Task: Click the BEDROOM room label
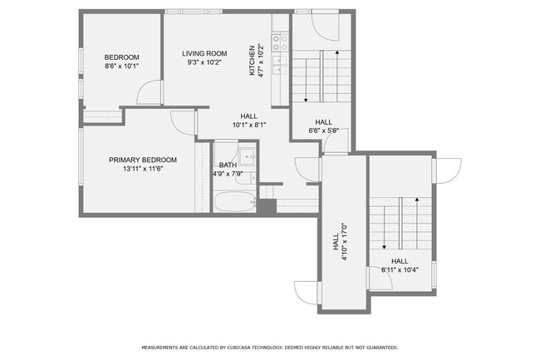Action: pos(121,57)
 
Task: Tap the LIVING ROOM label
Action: pos(204,53)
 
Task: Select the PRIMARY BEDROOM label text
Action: pos(143,160)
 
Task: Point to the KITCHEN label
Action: pos(252,61)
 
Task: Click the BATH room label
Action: pos(228,165)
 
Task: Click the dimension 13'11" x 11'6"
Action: pos(143,169)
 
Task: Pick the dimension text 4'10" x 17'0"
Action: pos(345,241)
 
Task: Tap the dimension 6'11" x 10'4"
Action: pos(400,270)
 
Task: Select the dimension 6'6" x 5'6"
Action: pos(324,131)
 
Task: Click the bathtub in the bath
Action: pos(234,201)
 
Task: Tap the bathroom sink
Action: pos(248,157)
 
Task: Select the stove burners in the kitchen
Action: pos(280,42)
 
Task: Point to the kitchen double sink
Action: pos(280,65)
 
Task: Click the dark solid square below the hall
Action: pos(268,206)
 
